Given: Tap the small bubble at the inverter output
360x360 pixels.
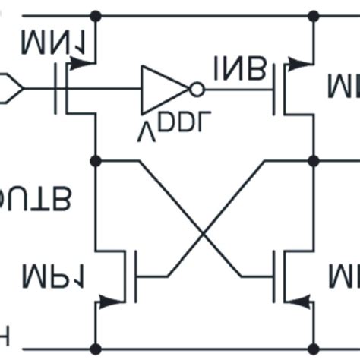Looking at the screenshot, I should (x=197, y=90).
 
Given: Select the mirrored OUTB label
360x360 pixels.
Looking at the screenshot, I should (x=34, y=198).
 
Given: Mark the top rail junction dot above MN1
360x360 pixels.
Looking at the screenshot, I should (x=96, y=15).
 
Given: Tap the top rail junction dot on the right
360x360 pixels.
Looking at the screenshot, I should (x=312, y=15).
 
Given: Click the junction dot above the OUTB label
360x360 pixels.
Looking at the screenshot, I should (x=96, y=161).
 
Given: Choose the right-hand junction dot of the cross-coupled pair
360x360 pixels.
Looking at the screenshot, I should (x=312, y=161).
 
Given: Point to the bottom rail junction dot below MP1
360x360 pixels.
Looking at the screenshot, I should (x=96, y=349).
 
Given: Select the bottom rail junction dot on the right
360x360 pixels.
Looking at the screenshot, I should (x=312, y=349).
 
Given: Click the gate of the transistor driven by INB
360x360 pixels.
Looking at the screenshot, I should (x=275, y=90).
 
